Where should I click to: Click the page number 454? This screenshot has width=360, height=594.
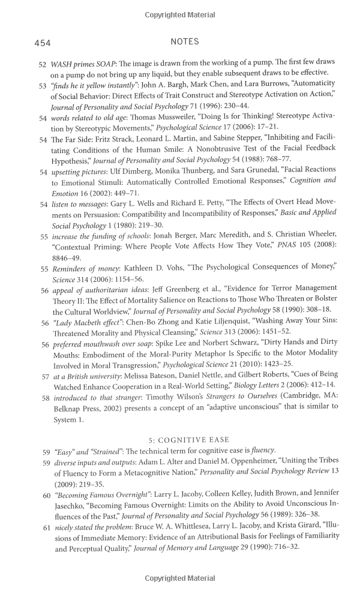click(42, 43)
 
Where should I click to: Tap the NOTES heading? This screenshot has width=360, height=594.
click(185, 42)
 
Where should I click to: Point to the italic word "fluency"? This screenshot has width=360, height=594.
click(262, 450)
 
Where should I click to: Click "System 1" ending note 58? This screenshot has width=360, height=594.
click(68, 419)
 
